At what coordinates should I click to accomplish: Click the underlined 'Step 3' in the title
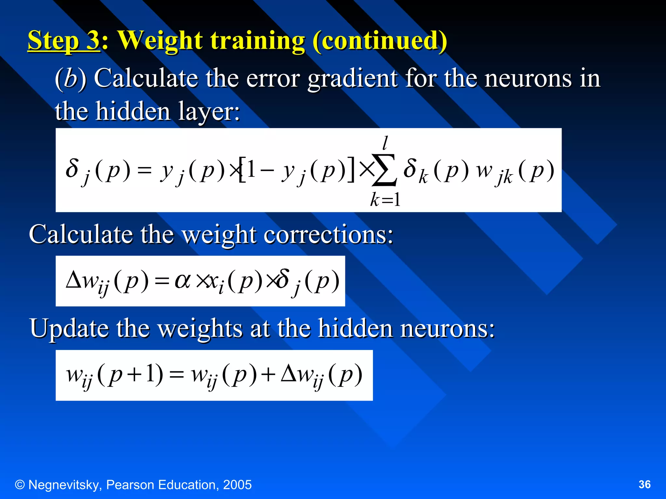tap(63, 41)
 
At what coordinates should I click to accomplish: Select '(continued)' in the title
tap(380, 41)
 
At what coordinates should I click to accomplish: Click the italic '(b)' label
tap(70, 78)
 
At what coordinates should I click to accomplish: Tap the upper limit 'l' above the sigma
tap(385, 143)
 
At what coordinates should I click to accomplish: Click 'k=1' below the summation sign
tap(385, 199)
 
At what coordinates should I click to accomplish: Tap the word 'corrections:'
tap(328, 235)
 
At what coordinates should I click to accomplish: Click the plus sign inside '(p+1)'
tap(134, 375)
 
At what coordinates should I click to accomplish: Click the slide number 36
tap(644, 484)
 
